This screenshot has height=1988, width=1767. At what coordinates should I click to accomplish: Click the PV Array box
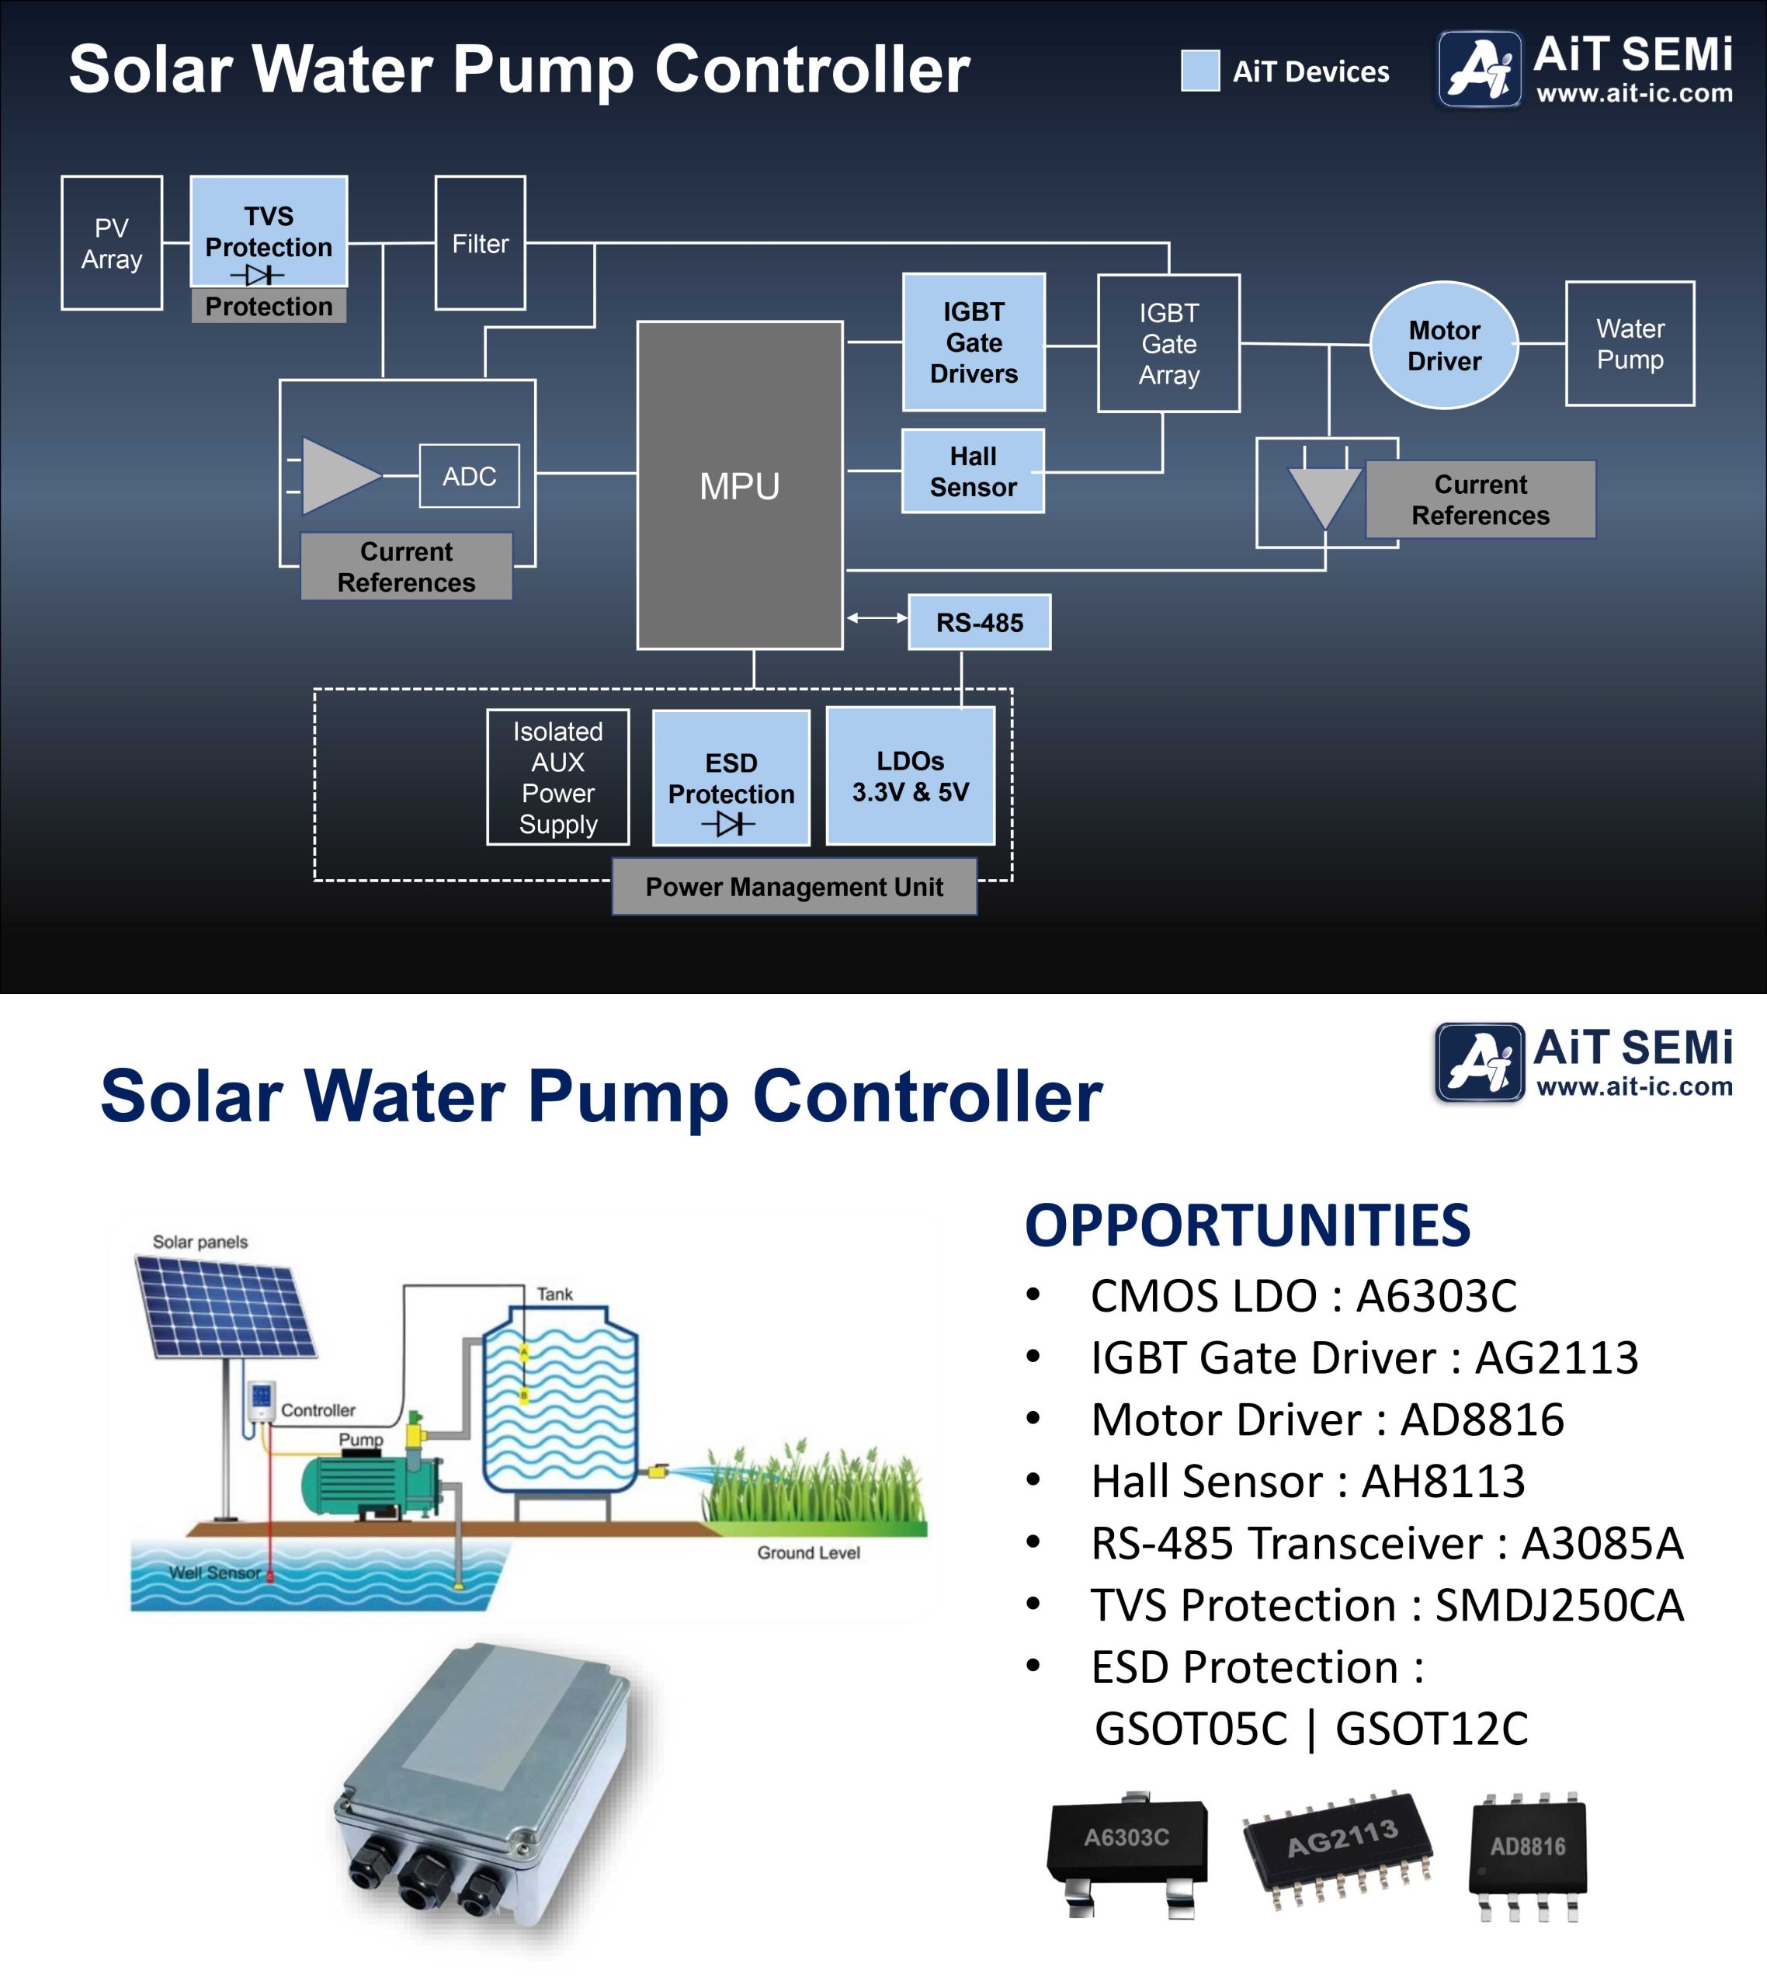point(112,243)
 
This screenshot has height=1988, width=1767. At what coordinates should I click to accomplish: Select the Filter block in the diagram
point(481,243)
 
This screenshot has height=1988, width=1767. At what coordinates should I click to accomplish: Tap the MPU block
point(739,485)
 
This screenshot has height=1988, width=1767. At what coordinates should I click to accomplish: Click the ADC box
point(469,477)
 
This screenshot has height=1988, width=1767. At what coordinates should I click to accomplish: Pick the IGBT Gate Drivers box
point(974,342)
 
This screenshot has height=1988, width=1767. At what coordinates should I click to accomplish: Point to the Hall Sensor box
point(973,471)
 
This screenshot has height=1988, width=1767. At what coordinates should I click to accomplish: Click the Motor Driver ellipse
point(1444,346)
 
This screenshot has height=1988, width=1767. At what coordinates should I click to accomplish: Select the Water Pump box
point(1630,343)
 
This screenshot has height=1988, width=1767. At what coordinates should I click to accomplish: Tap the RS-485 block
point(979,623)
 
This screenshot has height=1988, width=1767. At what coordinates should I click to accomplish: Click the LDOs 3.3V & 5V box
point(910,776)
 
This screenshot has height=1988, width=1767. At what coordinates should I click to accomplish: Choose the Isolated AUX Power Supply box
point(558,777)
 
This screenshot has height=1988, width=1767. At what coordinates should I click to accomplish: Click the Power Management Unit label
point(793,887)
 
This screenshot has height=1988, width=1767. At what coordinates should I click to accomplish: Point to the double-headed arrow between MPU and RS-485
point(877,617)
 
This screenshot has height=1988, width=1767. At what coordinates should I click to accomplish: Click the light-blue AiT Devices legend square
point(1200,71)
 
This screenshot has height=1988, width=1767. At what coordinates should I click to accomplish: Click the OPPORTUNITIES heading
point(1248,1225)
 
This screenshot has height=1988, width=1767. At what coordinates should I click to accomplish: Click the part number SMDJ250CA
point(1559,1606)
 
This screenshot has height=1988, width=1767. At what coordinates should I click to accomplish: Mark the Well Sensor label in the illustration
point(215,1573)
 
